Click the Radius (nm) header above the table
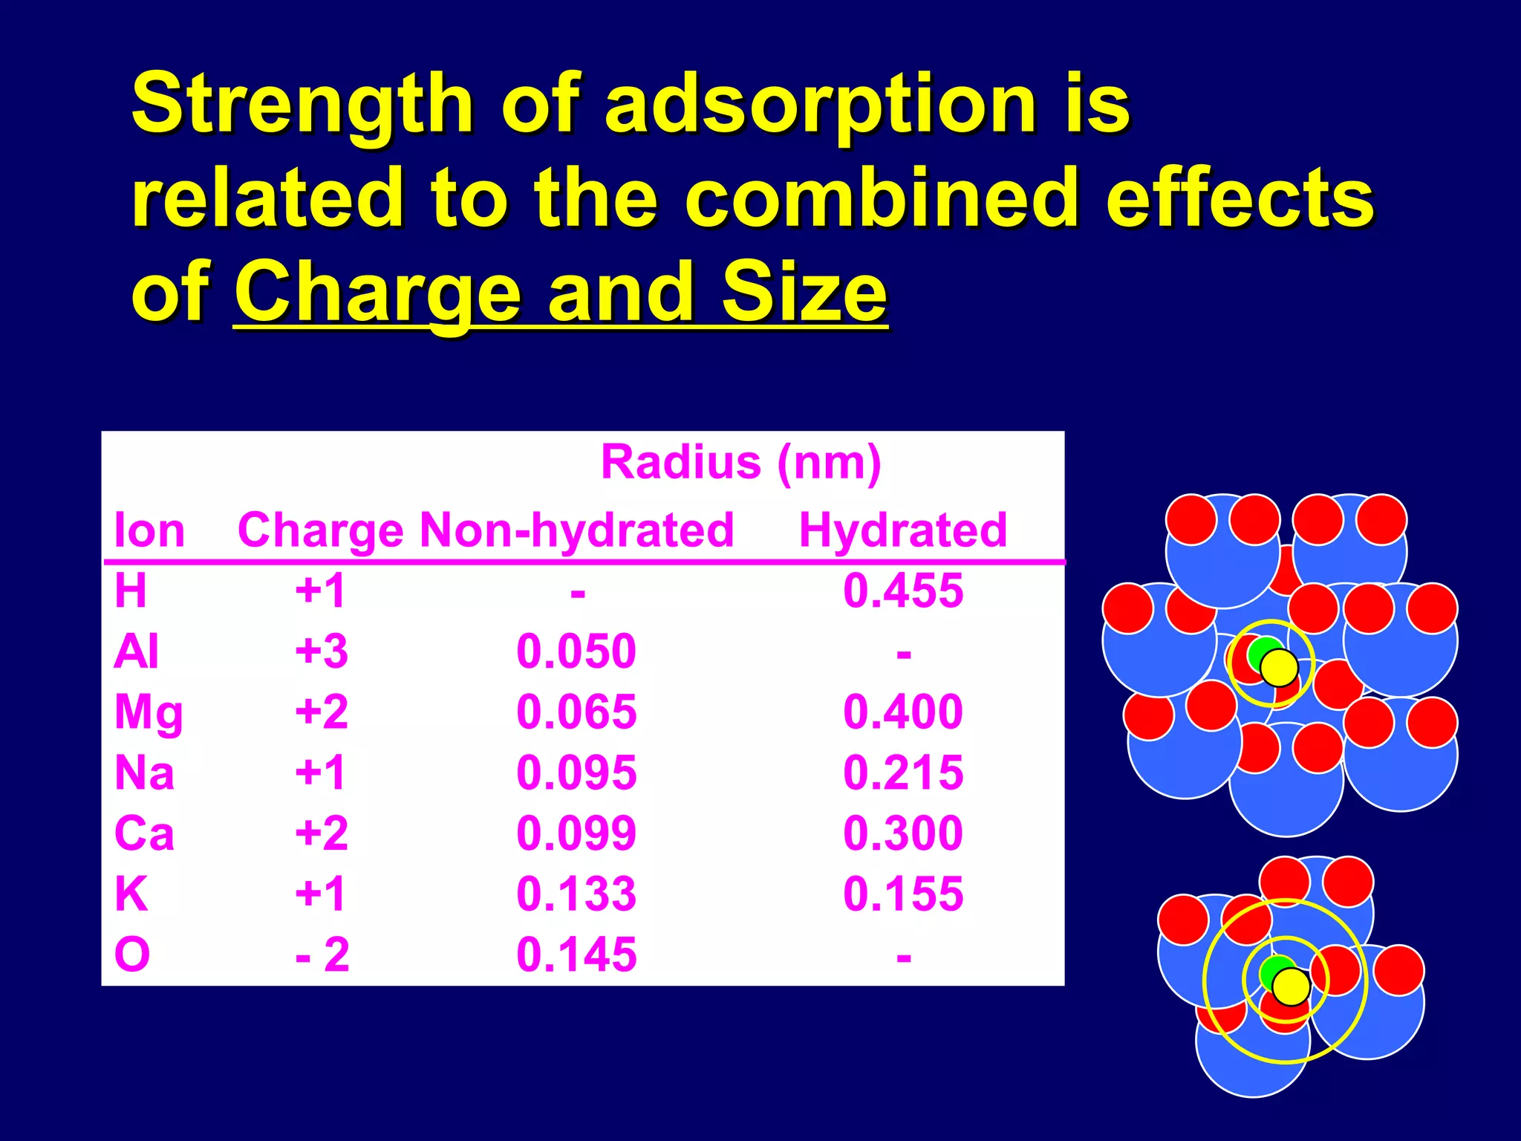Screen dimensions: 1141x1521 (x=740, y=462)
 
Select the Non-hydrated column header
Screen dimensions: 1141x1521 (x=576, y=530)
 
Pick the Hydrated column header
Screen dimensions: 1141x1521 (x=902, y=530)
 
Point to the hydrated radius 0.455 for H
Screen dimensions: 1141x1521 (x=902, y=591)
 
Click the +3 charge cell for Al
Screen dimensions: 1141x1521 (x=321, y=651)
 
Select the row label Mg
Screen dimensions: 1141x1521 (x=149, y=713)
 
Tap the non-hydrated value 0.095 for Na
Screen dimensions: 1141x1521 (x=576, y=773)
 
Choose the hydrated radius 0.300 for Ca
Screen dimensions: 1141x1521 (x=902, y=833)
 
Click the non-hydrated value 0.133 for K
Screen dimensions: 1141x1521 (x=576, y=894)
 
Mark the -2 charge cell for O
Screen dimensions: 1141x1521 (x=322, y=955)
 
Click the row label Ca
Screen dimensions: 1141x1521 (x=144, y=833)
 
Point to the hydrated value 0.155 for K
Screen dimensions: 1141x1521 (x=902, y=894)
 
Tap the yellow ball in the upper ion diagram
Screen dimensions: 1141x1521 (x=1279, y=667)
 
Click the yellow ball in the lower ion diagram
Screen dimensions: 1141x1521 (x=1291, y=986)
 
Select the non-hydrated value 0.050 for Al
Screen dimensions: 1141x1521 (x=576, y=651)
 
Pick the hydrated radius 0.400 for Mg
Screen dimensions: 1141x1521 (x=902, y=712)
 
